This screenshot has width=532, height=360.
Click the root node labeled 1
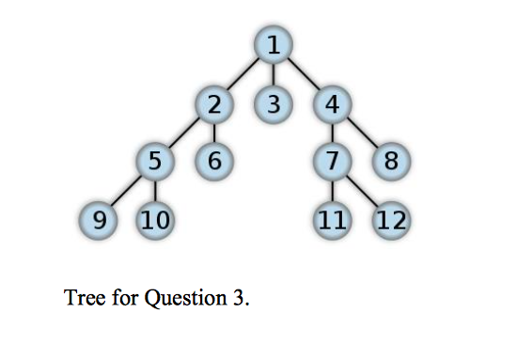coord(273,44)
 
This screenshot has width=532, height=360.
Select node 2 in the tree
coord(215,103)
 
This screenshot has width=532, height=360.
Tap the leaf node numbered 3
coord(273,103)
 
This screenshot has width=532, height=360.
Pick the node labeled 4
coord(331,103)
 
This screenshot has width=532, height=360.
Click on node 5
coord(155,161)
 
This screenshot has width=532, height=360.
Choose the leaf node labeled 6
coord(214,161)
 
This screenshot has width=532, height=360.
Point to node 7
coord(331,161)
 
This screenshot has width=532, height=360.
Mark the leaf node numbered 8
coord(390,162)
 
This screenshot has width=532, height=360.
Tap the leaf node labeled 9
coord(97,222)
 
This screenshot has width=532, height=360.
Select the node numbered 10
coord(155,222)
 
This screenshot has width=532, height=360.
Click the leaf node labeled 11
coord(331,222)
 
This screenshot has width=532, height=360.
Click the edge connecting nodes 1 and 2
coord(243,74)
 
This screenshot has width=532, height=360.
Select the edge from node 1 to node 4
coord(302,74)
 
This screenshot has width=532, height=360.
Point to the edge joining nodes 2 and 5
coord(185,133)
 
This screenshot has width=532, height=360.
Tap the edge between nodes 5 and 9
coord(126,192)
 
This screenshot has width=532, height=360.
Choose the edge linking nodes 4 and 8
coord(361,133)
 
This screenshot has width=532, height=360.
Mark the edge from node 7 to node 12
coord(362,192)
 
